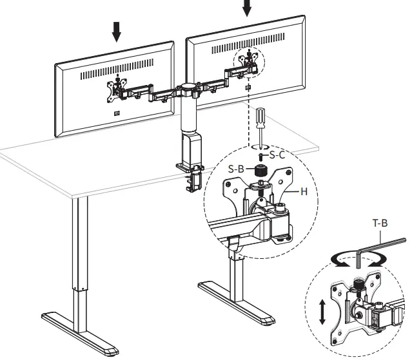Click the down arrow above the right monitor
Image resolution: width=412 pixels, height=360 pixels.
[248, 8]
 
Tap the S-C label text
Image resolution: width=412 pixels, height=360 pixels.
[278, 155]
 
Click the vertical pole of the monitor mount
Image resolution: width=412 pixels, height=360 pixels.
[188, 113]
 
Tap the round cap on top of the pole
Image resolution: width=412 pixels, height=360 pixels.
[188, 86]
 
